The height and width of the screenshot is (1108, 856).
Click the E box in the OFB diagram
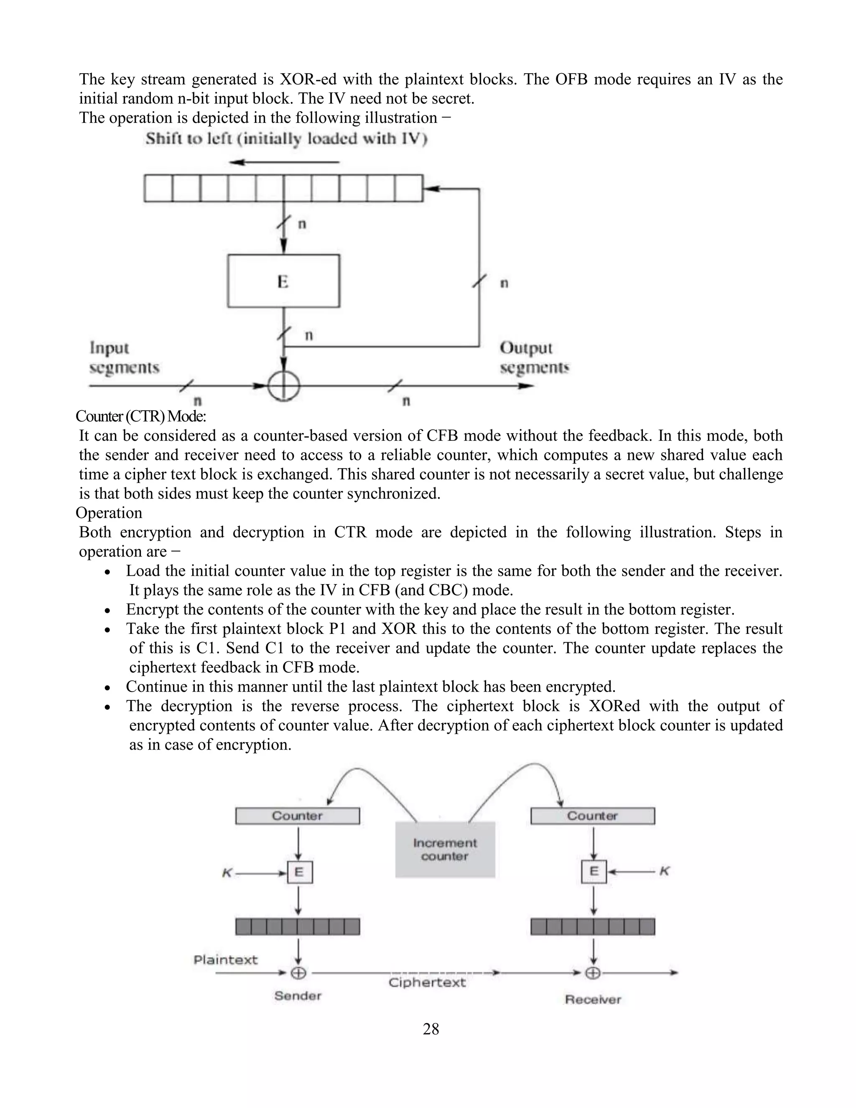click(x=283, y=281)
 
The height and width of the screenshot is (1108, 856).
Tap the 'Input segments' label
click(x=124, y=357)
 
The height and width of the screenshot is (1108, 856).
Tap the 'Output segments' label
click(x=534, y=357)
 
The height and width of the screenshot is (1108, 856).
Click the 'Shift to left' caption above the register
click(x=286, y=138)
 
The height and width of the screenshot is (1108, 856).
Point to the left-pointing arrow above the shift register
click(x=283, y=162)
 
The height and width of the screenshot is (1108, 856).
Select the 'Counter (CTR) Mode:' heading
click(x=140, y=416)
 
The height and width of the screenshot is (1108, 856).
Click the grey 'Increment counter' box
click(x=445, y=849)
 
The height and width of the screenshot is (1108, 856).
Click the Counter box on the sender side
click(x=297, y=816)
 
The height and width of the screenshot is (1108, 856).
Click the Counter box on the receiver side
click(x=592, y=816)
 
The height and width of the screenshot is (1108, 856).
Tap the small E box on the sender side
click(x=300, y=872)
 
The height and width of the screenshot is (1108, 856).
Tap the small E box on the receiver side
click(x=594, y=872)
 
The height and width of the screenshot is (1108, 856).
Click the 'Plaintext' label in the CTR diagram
click(x=226, y=959)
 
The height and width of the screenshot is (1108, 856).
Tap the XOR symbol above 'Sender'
click(x=298, y=973)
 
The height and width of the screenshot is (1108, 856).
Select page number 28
click(x=431, y=1029)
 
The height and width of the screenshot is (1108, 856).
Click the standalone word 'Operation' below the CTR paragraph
click(x=109, y=513)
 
